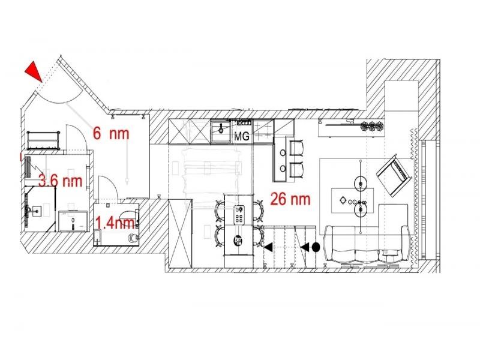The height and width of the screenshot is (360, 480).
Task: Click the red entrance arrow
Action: [x=34, y=71]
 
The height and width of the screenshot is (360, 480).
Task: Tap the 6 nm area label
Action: [x=111, y=133]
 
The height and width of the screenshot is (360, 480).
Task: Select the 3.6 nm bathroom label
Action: [x=61, y=181]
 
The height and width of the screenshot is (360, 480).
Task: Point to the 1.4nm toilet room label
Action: [x=115, y=223]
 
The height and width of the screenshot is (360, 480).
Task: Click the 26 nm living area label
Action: [x=290, y=199]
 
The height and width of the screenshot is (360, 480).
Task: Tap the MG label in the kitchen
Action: [x=242, y=136]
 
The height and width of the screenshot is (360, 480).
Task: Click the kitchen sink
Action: [x=221, y=131]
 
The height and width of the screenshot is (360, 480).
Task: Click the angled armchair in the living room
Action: [x=394, y=175]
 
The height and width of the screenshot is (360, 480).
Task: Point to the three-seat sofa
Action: [x=367, y=245]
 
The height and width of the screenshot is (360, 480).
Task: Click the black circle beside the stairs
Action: [x=316, y=247]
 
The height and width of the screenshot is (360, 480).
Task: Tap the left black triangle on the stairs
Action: [x=269, y=247]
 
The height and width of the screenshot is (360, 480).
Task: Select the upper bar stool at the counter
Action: [x=296, y=148]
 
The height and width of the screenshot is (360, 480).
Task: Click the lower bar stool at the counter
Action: [x=296, y=170]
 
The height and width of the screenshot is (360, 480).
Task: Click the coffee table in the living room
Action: [x=353, y=200]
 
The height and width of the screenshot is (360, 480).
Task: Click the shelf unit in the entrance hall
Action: [x=43, y=140]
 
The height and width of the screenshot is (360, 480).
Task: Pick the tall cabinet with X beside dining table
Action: [x=181, y=233]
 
